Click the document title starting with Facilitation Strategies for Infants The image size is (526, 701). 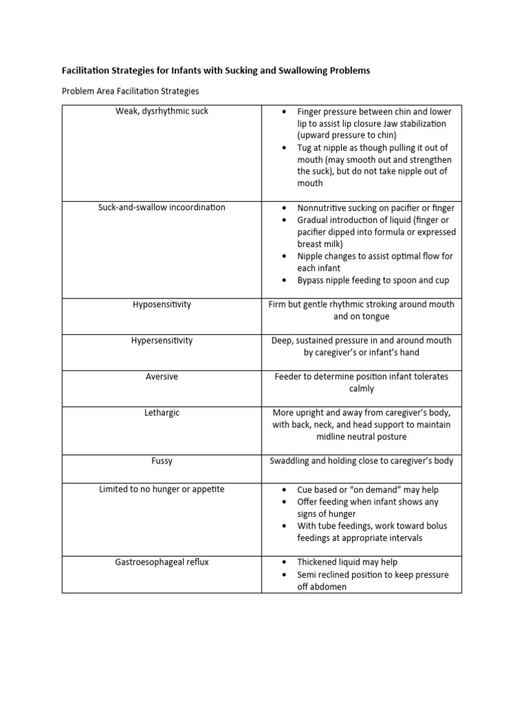point(216,71)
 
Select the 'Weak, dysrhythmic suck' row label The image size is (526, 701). point(162,112)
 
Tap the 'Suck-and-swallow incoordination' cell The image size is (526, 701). point(162,207)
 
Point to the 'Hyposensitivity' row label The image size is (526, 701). point(162,305)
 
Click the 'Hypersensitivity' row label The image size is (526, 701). point(162,340)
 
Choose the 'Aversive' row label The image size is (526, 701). point(162,377)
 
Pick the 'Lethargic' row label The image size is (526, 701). point(162,413)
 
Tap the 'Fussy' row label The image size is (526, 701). point(162,461)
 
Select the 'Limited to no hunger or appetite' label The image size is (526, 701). point(162,489)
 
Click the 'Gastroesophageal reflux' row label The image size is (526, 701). point(162,562)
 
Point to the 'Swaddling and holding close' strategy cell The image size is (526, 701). point(362,461)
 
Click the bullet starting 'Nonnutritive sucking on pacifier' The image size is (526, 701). point(375,207)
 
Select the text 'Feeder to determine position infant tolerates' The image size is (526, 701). point(362,377)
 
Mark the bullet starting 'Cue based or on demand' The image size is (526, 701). point(368,490)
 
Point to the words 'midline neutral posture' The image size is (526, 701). point(362,437)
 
